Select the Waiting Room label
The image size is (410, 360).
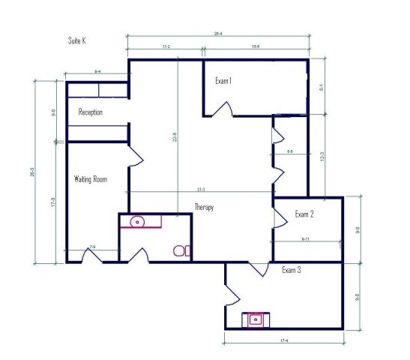(x=91, y=179)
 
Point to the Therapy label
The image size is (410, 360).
(x=205, y=208)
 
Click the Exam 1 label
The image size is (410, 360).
(x=223, y=81)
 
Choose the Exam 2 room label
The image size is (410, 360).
(x=304, y=214)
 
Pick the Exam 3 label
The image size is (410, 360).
(x=291, y=269)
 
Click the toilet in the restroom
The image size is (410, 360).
(x=181, y=250)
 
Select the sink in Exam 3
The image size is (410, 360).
(x=256, y=319)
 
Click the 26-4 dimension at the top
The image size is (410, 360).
(x=219, y=33)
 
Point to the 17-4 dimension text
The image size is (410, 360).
(x=283, y=342)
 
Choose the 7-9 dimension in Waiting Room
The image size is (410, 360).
(x=92, y=247)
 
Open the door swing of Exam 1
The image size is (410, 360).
(x=221, y=109)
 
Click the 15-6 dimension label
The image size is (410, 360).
(x=256, y=46)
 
